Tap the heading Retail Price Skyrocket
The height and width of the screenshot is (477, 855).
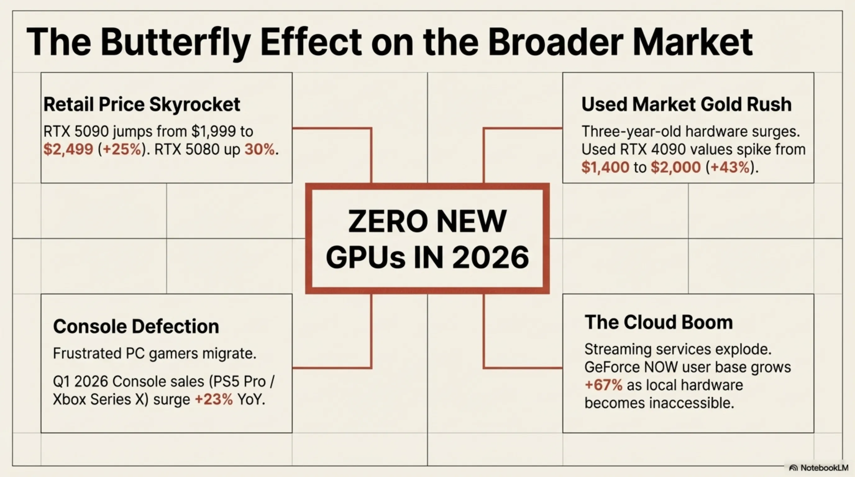point(142,104)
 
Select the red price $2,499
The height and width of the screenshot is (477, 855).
point(68,149)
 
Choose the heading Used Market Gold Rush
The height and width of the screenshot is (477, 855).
point(686,104)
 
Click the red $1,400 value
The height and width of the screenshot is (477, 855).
point(605,167)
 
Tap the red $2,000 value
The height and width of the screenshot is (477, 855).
point(676,167)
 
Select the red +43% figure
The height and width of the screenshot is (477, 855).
point(730,167)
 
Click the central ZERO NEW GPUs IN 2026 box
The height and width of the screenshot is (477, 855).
point(428,238)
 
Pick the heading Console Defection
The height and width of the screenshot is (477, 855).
point(136,326)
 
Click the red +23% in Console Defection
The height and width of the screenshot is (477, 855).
point(214,399)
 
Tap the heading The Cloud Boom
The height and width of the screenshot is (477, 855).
point(659,322)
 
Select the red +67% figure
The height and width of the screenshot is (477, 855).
point(603,385)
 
